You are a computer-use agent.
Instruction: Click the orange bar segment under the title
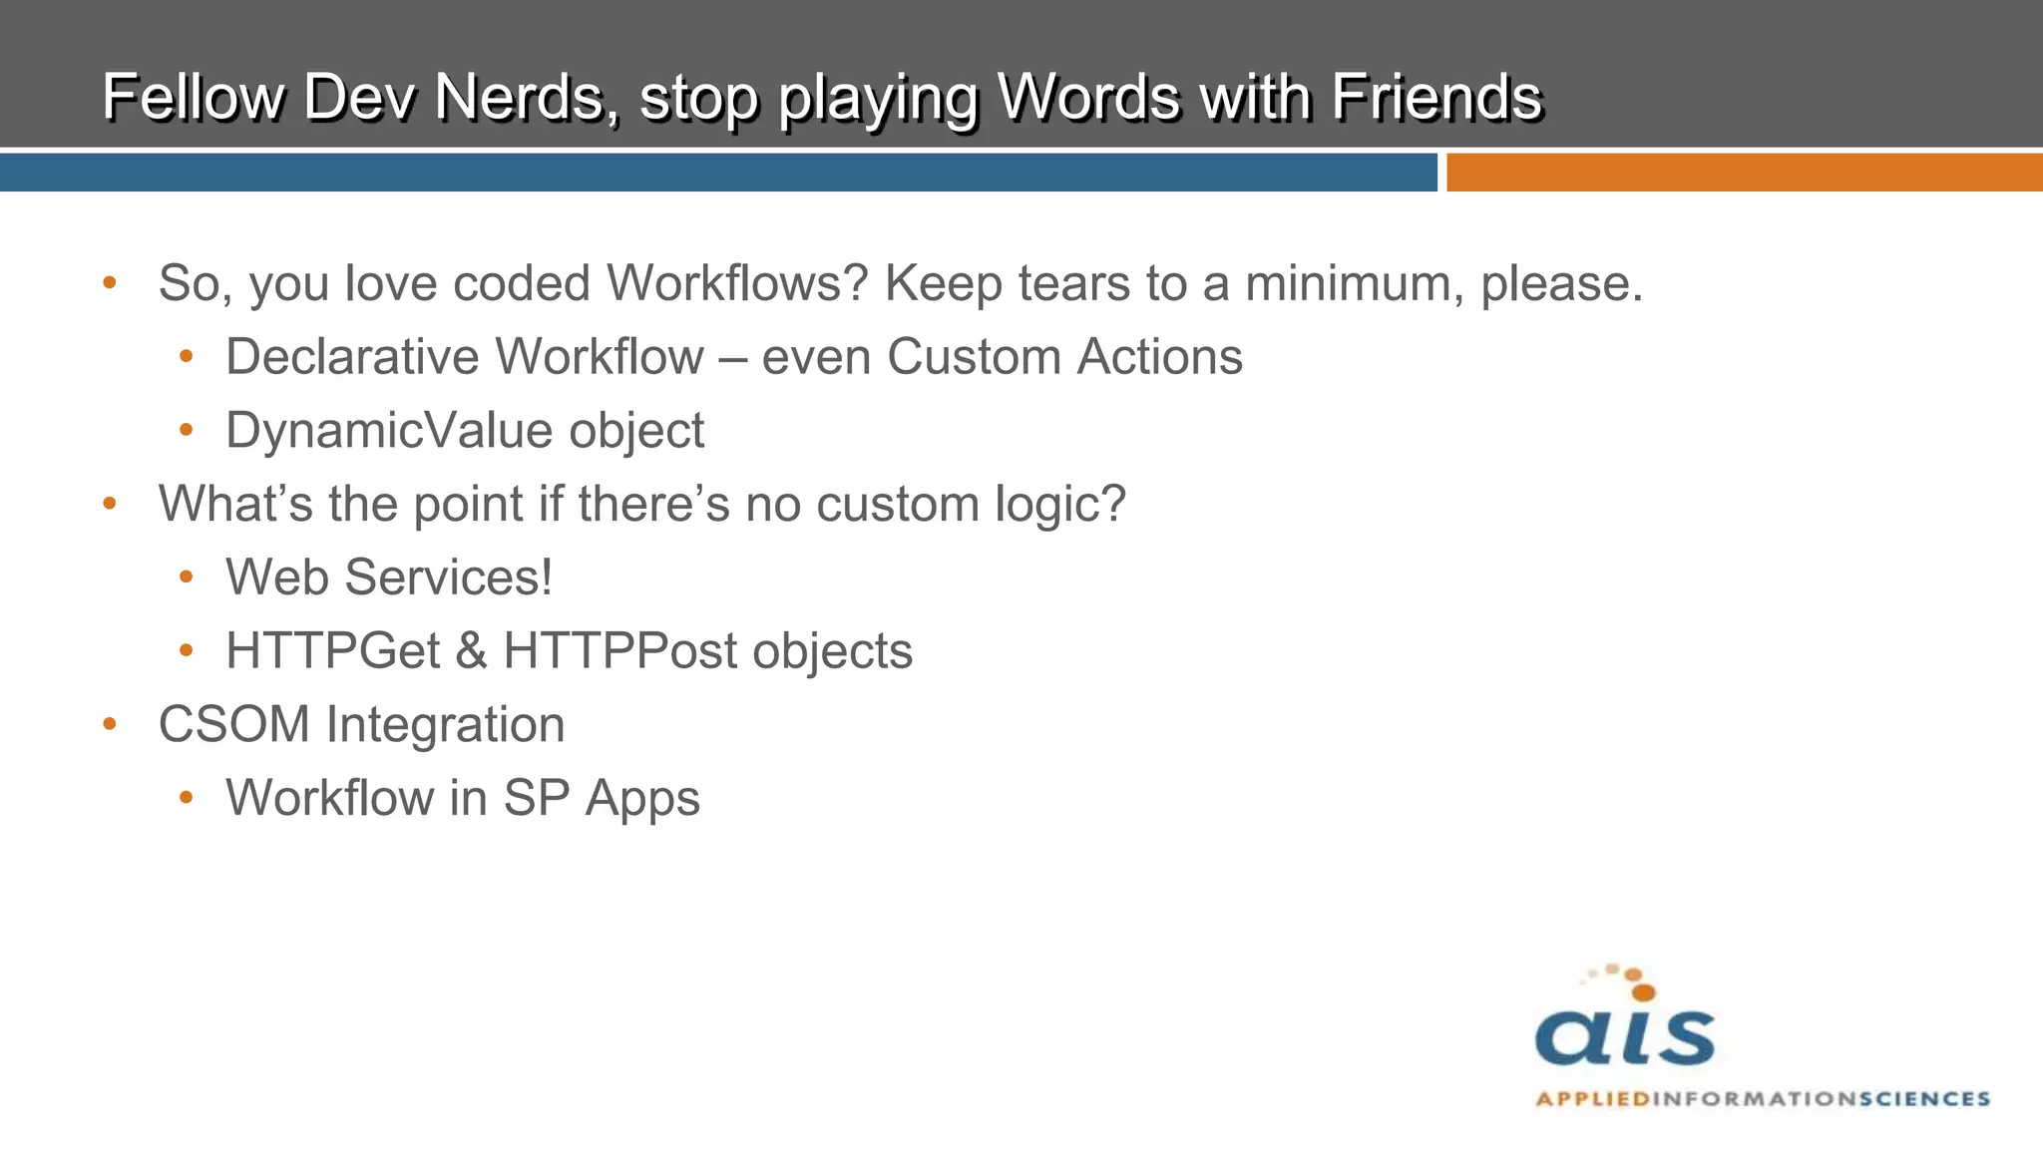point(1744,173)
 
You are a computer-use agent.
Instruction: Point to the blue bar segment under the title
point(718,173)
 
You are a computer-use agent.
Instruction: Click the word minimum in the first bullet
point(1354,283)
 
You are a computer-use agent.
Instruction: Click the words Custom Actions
point(1064,357)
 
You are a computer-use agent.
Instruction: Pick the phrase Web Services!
point(389,577)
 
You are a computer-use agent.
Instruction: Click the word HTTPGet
point(333,651)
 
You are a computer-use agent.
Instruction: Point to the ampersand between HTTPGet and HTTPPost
point(472,651)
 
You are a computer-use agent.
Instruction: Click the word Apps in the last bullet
point(642,799)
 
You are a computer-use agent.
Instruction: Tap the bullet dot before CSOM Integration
point(110,723)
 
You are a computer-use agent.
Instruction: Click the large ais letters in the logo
point(1625,1037)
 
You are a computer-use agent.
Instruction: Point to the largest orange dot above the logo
point(1643,991)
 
